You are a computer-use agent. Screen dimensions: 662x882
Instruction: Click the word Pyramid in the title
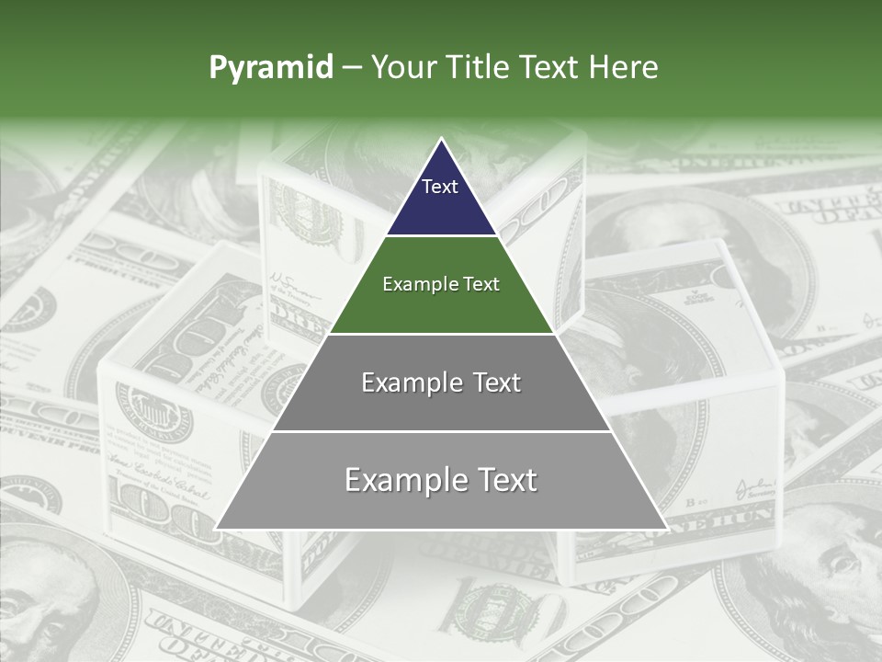point(270,67)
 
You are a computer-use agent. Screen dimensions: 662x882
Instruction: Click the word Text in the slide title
point(552,67)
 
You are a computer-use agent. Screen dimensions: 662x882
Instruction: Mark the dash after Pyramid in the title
point(352,68)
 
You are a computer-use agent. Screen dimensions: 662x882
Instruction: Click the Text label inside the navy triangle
point(440,187)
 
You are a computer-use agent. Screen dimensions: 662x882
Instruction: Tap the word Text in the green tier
point(481,284)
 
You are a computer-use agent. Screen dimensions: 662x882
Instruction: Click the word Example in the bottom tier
point(400,480)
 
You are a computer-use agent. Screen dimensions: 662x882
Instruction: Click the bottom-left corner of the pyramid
point(217,529)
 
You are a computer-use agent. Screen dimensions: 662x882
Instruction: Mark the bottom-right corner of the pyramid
point(666,529)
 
